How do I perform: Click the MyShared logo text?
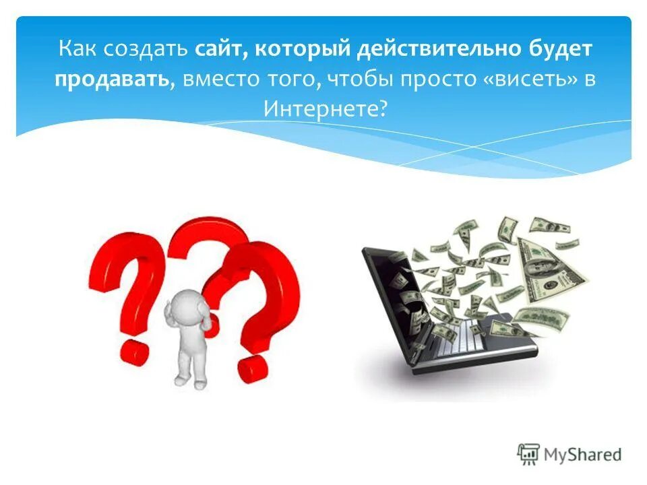pos(583,455)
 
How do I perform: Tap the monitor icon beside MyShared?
pos(528,455)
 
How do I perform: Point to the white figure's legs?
pos(191,367)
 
